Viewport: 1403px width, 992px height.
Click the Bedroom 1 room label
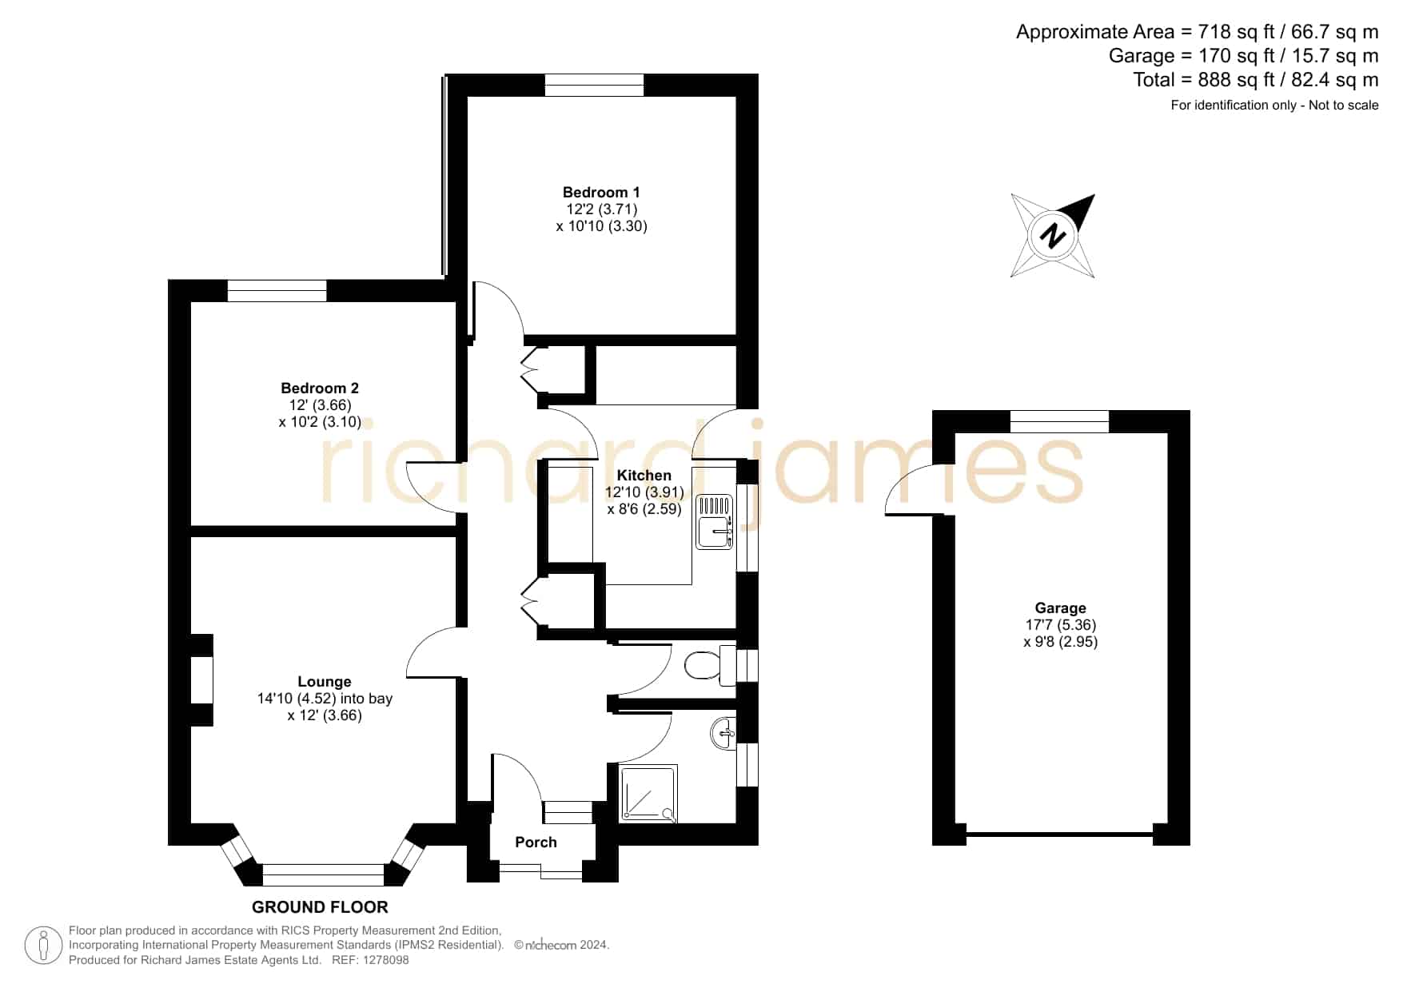[x=601, y=193]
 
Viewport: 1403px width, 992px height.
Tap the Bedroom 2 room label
[x=320, y=388]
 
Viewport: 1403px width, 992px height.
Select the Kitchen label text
[x=644, y=476]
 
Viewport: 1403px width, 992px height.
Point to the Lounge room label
[x=325, y=682]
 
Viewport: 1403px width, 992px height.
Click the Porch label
[x=536, y=843]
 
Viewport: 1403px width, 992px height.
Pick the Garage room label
[x=1061, y=608]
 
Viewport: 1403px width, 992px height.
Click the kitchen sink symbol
[x=714, y=522]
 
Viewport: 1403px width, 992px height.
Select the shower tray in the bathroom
[x=648, y=794]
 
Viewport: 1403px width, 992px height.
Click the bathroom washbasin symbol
[x=723, y=733]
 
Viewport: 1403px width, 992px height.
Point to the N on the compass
[x=1053, y=237]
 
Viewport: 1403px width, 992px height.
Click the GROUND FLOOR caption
[x=320, y=907]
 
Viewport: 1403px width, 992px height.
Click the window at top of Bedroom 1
[x=594, y=86]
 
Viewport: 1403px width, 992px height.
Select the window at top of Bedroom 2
[x=277, y=291]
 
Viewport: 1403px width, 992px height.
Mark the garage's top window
[x=1060, y=421]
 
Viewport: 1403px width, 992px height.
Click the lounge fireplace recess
[x=201, y=679]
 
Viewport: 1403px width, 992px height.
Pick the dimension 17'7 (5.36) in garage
[x=1061, y=625]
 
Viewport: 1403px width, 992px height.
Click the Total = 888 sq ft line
[x=1256, y=80]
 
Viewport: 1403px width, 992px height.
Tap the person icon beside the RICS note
[x=43, y=946]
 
